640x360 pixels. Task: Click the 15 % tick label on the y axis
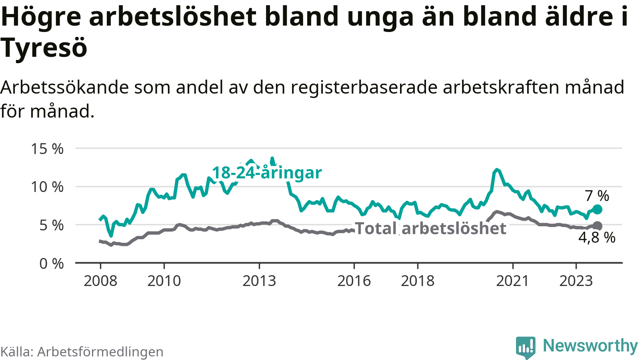coord(47,149)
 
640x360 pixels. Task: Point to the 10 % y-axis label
coord(47,187)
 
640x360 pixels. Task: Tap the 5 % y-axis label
coord(51,225)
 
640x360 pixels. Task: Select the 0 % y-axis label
coord(51,264)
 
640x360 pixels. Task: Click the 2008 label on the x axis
coord(100,281)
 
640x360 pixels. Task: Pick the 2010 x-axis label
coord(164,281)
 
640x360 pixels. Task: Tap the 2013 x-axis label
coord(259,281)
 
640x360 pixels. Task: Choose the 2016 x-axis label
coord(354,281)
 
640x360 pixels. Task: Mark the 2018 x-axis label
coord(418,281)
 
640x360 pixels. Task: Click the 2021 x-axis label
coord(512,281)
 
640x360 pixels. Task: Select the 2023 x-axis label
coord(576,281)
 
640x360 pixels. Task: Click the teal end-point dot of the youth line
coord(597,209)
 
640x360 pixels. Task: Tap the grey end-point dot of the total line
coord(597,226)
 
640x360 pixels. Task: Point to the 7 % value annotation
coord(597,196)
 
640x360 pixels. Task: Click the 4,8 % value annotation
coord(597,238)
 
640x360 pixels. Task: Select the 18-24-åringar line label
coord(267,173)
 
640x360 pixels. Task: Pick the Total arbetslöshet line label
coord(431,228)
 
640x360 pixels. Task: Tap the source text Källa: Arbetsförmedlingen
coord(82,352)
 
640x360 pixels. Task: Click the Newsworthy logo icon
coord(525,347)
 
